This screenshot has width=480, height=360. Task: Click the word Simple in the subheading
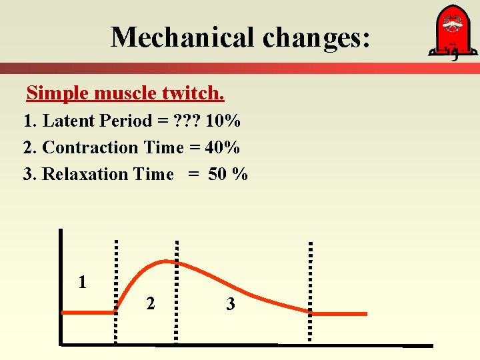[57, 93]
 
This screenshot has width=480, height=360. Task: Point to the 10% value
[223, 121]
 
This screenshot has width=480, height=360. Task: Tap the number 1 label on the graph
[82, 282]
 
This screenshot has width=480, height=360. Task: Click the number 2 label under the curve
[151, 303]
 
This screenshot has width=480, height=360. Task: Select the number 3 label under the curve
[230, 305]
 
